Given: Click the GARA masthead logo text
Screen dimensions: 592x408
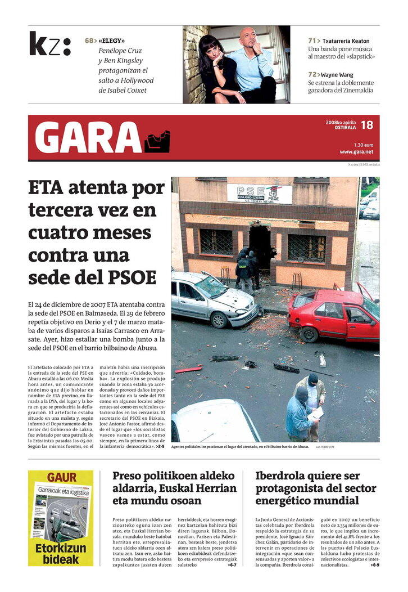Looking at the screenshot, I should click(88, 138).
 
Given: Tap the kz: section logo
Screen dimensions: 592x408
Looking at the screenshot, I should click(50, 44).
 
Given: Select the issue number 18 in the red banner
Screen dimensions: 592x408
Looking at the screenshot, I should click(366, 125).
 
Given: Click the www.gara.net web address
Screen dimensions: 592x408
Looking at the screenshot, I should click(356, 151).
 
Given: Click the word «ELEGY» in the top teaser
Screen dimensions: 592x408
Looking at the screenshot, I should click(112, 41).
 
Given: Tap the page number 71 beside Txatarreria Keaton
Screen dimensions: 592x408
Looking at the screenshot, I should click(312, 41).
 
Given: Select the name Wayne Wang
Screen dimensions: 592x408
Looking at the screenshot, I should click(337, 74).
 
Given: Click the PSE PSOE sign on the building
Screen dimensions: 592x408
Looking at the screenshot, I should click(260, 193).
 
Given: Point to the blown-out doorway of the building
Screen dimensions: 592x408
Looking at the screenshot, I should click(260, 248).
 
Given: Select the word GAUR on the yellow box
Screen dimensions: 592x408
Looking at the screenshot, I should click(61, 478).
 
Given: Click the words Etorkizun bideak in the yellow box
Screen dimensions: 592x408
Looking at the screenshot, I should click(61, 553).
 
